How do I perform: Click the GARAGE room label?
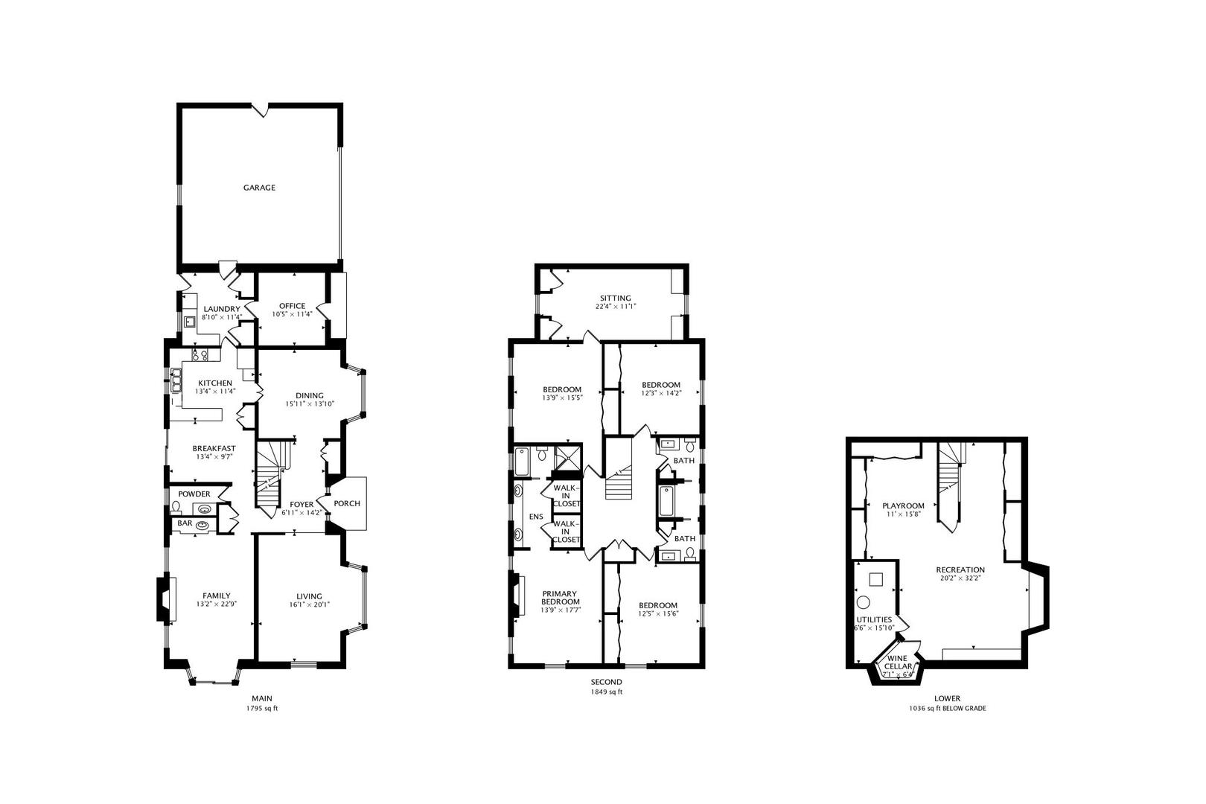coord(259,188)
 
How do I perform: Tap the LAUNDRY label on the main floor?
coord(221,309)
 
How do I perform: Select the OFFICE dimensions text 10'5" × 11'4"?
coord(292,315)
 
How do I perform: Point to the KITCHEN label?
coord(214,383)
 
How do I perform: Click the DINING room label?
coord(310,395)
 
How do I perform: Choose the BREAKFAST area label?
coord(214,448)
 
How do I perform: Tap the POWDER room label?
coord(194,494)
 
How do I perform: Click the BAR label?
coord(185,523)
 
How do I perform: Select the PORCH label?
coord(347,503)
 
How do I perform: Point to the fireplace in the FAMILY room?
coord(162,599)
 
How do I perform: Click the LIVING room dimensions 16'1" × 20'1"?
coord(309,605)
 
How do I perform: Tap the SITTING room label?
coord(615,298)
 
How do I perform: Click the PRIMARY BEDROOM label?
coord(560,598)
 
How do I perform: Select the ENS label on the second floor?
coord(535,517)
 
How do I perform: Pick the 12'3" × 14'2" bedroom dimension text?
coord(661,394)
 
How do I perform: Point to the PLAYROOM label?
coord(903,505)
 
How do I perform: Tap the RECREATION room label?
coord(960,569)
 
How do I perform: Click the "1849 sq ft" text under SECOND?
coord(606,692)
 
